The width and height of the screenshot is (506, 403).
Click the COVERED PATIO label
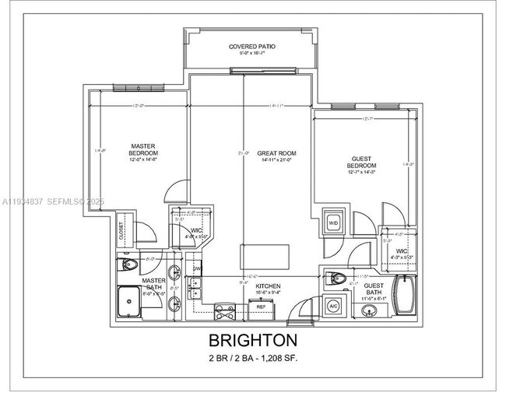251,47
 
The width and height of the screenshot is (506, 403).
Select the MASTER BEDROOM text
143,149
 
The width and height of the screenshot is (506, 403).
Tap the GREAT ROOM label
276,153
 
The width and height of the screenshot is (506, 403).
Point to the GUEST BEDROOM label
361,162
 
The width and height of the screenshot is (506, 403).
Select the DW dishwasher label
196,270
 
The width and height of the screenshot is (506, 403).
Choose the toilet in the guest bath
336,277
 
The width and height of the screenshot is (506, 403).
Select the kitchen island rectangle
265,256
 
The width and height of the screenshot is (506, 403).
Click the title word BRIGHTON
252,340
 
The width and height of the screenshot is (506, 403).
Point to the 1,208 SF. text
275,358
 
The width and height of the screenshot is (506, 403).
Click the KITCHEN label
268,286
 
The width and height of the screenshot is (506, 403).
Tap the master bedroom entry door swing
180,191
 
